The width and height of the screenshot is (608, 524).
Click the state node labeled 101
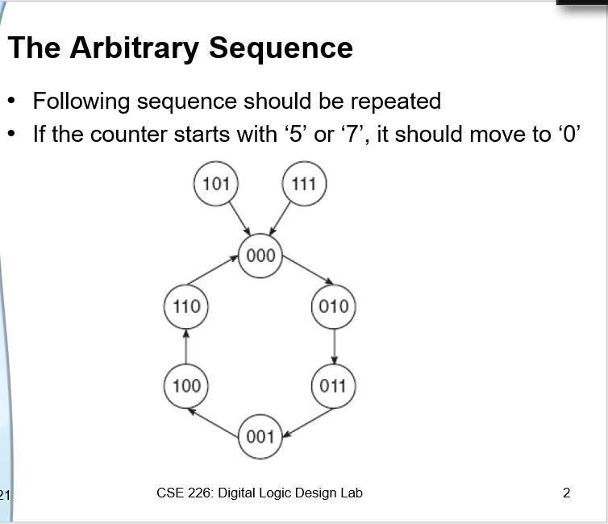[215, 183]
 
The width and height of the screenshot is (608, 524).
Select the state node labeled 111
[303, 183]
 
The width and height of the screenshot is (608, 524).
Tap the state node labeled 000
[260, 256]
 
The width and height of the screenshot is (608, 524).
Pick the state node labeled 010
[333, 306]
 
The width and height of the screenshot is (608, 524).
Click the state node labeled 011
[332, 385]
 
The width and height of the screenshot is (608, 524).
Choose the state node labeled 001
[260, 437]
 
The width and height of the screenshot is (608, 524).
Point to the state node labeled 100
[186, 385]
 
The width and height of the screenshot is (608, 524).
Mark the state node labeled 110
[186, 306]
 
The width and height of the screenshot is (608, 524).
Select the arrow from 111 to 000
[282, 218]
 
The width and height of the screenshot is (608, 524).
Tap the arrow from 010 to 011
[334, 346]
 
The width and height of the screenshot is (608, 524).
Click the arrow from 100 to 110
[186, 346]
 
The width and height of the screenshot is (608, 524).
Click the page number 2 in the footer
[566, 493]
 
